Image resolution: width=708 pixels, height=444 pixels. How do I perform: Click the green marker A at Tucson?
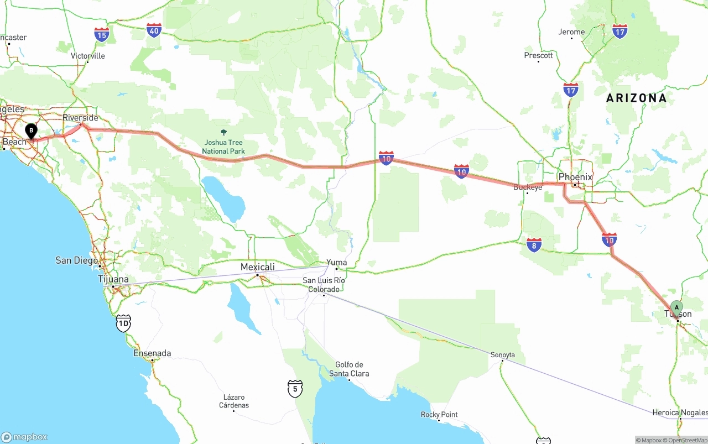pyautogui.click(x=676, y=308)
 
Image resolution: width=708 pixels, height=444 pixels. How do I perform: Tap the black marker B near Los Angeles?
pyautogui.click(x=32, y=131)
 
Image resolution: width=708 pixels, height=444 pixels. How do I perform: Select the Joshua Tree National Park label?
pyautogui.click(x=223, y=147)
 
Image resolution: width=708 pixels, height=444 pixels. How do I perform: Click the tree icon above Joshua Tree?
pyautogui.click(x=223, y=133)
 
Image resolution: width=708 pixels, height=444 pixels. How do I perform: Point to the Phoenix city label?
pyautogui.click(x=575, y=177)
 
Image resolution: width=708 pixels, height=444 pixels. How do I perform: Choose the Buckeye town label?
pyautogui.click(x=528, y=187)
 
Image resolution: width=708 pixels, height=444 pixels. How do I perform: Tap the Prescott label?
pyautogui.click(x=538, y=55)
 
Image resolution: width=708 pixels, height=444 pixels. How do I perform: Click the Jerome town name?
pyautogui.click(x=571, y=32)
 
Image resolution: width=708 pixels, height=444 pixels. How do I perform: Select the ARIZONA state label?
pyautogui.click(x=636, y=98)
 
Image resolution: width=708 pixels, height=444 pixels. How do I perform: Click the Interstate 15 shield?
pyautogui.click(x=102, y=35)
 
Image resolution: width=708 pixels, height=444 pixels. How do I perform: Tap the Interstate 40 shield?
pyautogui.click(x=154, y=30)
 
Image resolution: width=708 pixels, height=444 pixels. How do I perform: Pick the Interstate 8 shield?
pyautogui.click(x=534, y=245)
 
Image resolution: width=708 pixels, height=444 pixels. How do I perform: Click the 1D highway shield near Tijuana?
pyautogui.click(x=123, y=323)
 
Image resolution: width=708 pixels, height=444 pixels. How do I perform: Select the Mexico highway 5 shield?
pyautogui.click(x=295, y=389)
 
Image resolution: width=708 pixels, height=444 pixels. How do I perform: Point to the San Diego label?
pyautogui.click(x=76, y=260)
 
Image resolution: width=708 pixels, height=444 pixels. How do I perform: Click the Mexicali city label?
pyautogui.click(x=257, y=267)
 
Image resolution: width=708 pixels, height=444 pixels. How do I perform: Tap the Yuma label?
pyautogui.click(x=336, y=263)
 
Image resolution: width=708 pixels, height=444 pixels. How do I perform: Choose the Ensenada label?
pyautogui.click(x=152, y=353)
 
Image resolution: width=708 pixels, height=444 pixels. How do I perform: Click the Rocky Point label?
pyautogui.click(x=439, y=415)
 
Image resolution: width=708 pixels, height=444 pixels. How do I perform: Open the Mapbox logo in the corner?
pyautogui.click(x=25, y=437)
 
